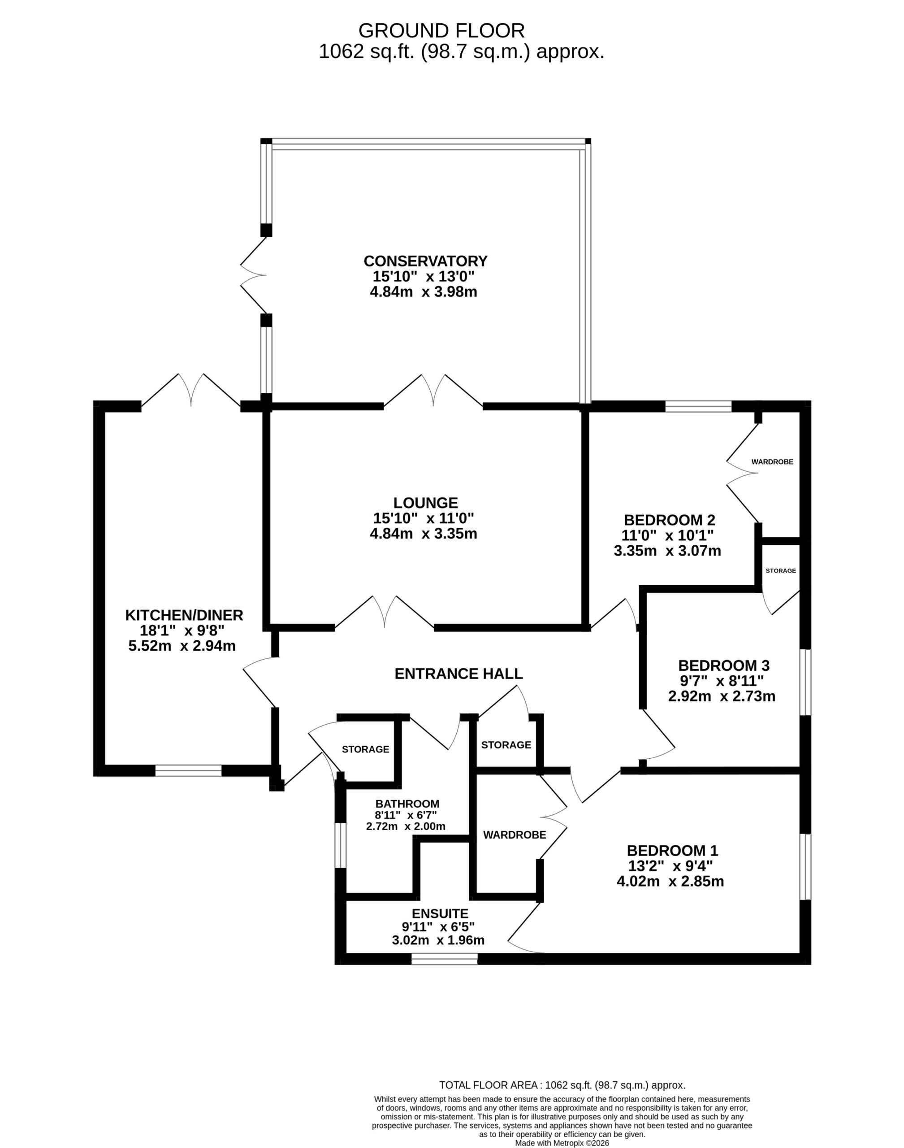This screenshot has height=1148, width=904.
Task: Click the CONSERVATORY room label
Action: click(425, 261)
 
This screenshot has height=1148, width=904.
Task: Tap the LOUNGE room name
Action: click(425, 503)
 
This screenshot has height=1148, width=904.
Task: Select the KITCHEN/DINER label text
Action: click(184, 615)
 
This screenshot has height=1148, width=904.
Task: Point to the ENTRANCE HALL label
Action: click(459, 674)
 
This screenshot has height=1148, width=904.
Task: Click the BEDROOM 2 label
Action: click(670, 519)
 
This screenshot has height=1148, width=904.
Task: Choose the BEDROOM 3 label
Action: click(724, 665)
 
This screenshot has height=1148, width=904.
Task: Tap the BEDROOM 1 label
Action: click(672, 851)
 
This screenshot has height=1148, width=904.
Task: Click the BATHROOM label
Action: click(407, 804)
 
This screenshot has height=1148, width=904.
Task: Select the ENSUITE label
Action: click(441, 913)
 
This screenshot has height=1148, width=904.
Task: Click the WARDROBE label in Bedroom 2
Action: click(772, 462)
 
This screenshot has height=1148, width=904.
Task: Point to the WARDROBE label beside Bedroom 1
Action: click(515, 835)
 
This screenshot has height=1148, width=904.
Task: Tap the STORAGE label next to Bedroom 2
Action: click(781, 570)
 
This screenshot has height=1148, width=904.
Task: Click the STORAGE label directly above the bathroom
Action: click(365, 749)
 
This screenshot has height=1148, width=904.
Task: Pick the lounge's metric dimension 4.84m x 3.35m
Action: click(424, 533)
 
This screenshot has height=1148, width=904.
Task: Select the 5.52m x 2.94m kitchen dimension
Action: click(182, 646)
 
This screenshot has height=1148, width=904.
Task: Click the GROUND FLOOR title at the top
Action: click(441, 30)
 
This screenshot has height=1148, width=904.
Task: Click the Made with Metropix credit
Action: click(562, 1143)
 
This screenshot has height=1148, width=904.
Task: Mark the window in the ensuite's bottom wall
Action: click(445, 958)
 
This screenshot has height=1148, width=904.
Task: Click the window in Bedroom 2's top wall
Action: click(698, 407)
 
